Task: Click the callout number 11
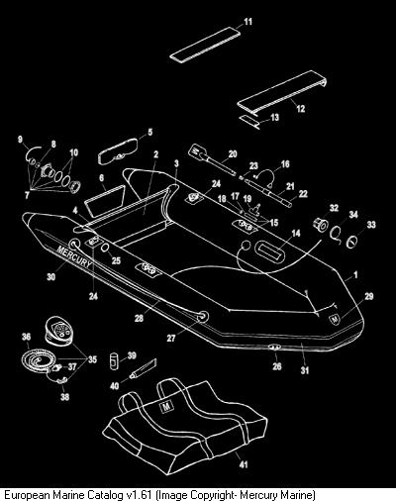pos(247,22)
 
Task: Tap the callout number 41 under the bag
pos(244,464)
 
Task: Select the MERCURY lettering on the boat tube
pos(74,256)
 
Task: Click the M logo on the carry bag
pos(166,407)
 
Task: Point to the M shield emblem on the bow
pos(335,319)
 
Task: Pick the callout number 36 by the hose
pos(26,337)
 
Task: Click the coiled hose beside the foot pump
pos(36,359)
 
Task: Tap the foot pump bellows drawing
pos(58,331)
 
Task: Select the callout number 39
pos(132,355)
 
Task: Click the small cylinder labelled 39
pos(113,360)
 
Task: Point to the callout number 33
pos(371,225)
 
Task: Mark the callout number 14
pos(296,234)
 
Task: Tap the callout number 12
pos(301,108)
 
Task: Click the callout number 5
pos(150,133)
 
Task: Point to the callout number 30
pos(50,276)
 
